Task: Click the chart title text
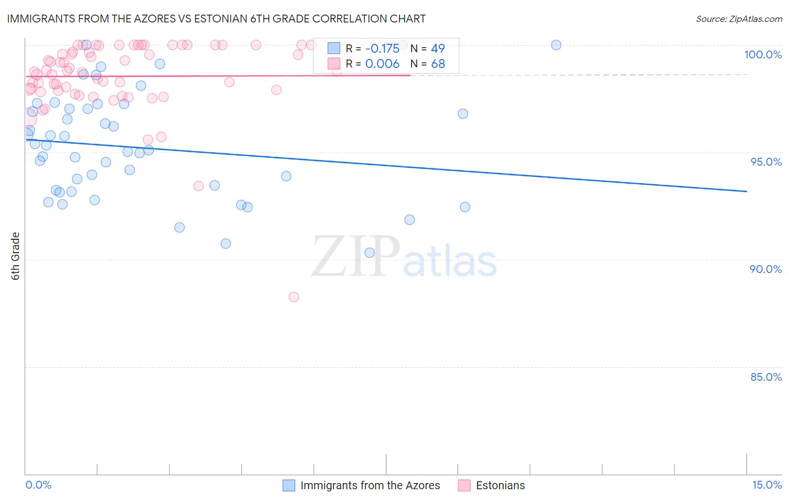[x=216, y=19]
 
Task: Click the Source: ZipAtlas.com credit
[x=738, y=19]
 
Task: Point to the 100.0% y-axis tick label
[x=763, y=54]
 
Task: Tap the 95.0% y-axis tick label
[x=766, y=162]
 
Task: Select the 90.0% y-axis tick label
[x=765, y=269]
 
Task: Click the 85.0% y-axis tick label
[x=766, y=377]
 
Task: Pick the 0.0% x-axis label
[x=38, y=485]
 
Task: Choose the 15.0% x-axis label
[x=767, y=485]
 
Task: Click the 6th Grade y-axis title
[x=16, y=256]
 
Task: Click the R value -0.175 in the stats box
[x=382, y=48]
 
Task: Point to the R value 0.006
[x=382, y=64]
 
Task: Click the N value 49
[x=438, y=48]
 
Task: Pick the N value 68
[x=438, y=64]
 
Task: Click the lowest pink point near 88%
[x=294, y=297]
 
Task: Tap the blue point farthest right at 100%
[x=556, y=45]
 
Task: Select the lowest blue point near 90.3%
[x=370, y=253]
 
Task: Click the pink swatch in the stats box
[x=334, y=64]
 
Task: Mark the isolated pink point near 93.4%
[x=198, y=186]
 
